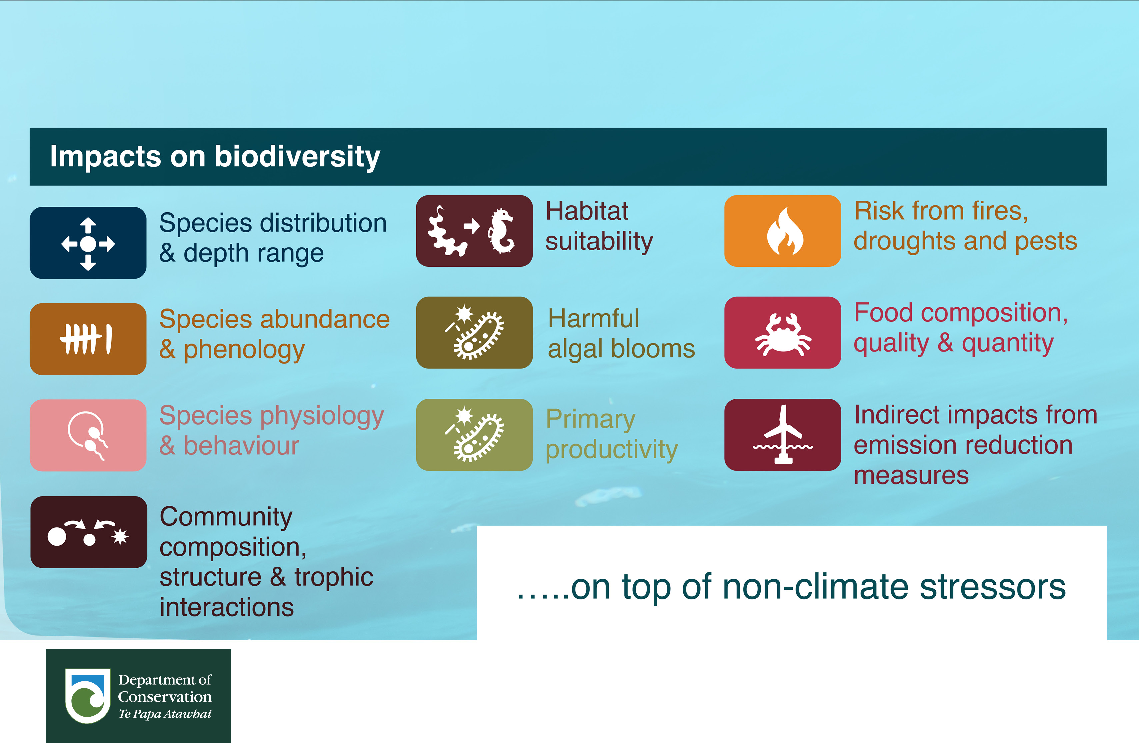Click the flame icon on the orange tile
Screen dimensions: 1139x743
point(785,231)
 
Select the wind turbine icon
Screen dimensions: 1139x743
point(783,434)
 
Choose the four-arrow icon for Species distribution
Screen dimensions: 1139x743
point(88,244)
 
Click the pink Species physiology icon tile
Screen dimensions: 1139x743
point(88,435)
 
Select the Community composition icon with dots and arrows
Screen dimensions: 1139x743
point(88,532)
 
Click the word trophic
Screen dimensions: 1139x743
point(334,577)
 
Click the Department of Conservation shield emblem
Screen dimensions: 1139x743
point(88,696)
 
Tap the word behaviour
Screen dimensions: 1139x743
point(241,446)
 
